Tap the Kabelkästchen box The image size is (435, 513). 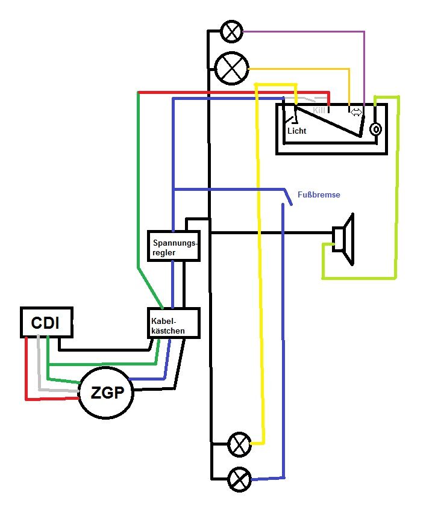coord(173,323)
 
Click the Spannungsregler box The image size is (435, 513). coord(174,246)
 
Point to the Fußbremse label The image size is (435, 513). coord(319,195)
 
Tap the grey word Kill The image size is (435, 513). coord(319,111)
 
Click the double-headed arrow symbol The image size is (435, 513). coord(356,111)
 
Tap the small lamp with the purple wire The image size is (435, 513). coord(231,31)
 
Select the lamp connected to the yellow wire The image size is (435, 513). coord(240,445)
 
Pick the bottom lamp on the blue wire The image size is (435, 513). coord(240,480)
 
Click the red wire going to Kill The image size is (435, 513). coord(229,93)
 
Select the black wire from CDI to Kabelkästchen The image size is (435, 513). coord(102,349)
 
